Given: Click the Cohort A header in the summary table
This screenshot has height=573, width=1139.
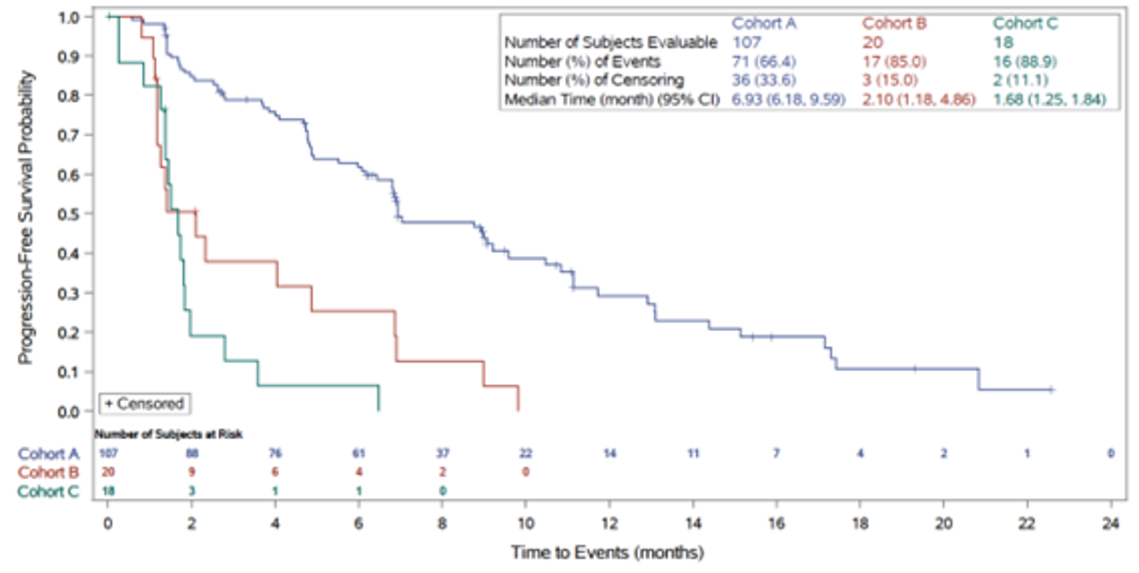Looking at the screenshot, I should pyautogui.click(x=765, y=23).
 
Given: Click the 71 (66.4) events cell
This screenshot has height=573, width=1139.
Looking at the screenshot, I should pyautogui.click(x=766, y=61).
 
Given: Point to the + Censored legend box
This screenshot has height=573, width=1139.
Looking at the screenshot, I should pyautogui.click(x=145, y=403).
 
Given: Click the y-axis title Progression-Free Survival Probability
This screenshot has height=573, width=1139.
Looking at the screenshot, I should pyautogui.click(x=27, y=217).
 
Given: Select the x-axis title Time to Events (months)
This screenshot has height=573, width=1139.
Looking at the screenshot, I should pyautogui.click(x=607, y=553).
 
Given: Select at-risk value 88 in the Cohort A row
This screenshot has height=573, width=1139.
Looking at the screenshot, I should pyautogui.click(x=192, y=453).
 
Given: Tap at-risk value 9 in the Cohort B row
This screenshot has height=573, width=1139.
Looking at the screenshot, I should pyautogui.click(x=192, y=472).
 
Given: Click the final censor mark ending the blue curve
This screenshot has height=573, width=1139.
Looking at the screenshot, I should pyautogui.click(x=1050, y=389).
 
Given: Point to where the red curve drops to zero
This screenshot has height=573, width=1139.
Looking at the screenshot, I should pyautogui.click(x=518, y=409).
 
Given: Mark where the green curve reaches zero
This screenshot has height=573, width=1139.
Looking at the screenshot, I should pyautogui.click(x=379, y=409).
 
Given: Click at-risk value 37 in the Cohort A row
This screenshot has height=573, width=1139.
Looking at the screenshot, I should pyautogui.click(x=443, y=453).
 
